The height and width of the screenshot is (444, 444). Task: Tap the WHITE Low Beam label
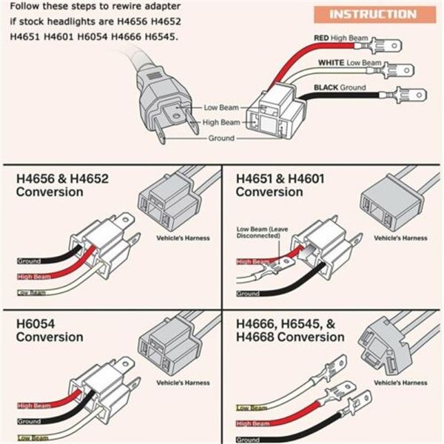pyautogui.click(x=350, y=64)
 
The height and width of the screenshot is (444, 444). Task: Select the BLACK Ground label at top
pyautogui.click(x=340, y=87)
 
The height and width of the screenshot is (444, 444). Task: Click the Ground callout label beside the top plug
pyautogui.click(x=220, y=138)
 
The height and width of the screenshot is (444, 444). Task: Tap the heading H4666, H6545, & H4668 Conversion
pyautogui.click(x=290, y=331)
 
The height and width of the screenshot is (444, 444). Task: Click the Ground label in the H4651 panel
pyautogui.click(x=248, y=293)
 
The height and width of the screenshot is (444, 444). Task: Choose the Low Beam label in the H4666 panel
pyautogui.click(x=251, y=408)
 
